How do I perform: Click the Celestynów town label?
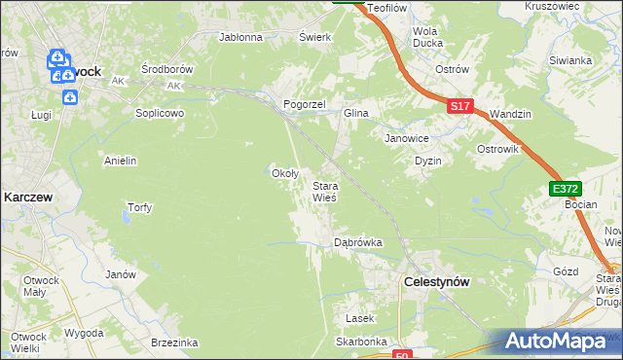click(x=436, y=281)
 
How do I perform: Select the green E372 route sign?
click(x=565, y=189)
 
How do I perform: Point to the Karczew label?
click(x=27, y=196)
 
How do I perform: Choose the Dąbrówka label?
click(x=357, y=241)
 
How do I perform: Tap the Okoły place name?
click(x=283, y=173)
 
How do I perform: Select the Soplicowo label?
click(x=160, y=112)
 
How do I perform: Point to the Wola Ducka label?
click(x=427, y=37)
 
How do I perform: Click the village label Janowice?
click(x=408, y=137)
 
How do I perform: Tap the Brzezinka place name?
click(x=175, y=342)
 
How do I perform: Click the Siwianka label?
click(x=570, y=60)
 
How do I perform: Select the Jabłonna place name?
click(x=241, y=38)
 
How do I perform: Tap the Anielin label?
click(x=120, y=160)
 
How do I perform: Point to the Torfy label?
click(x=139, y=207)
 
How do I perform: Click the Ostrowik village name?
click(x=498, y=149)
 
